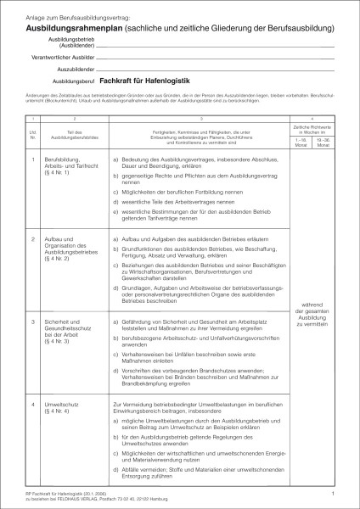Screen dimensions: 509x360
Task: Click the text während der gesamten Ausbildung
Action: coord(313,317)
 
